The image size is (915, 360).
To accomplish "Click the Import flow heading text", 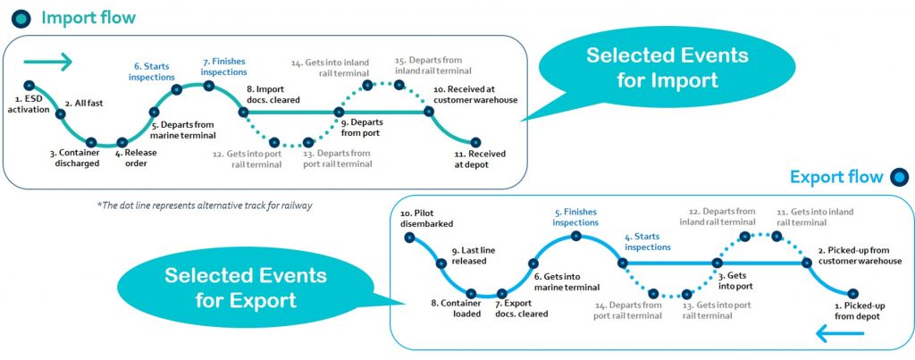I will pyautogui.click(x=88, y=18).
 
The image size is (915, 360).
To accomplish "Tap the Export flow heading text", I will pyautogui.click(x=835, y=177).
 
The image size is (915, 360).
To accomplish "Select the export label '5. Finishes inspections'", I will pyautogui.click(x=575, y=217).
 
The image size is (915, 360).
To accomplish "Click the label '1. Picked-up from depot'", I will pyautogui.click(x=857, y=310).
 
